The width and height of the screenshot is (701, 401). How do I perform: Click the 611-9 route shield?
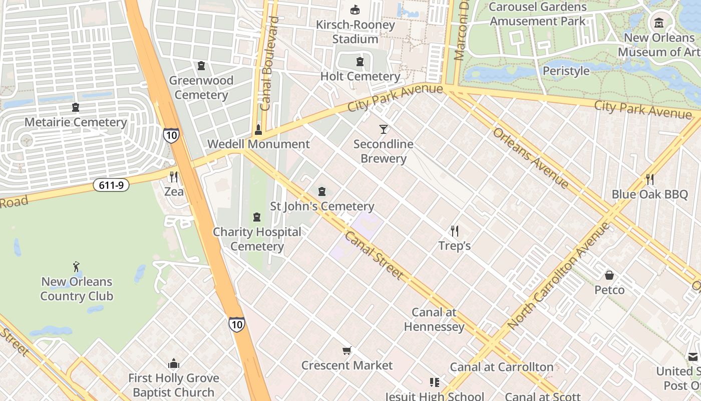click(111, 185)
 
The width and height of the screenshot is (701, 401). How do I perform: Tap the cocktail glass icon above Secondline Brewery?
click(384, 129)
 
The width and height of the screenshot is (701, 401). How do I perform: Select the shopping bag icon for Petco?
click(609, 275)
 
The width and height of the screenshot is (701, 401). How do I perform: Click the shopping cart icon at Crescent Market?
click(346, 351)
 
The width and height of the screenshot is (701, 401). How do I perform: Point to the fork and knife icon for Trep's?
click(455, 231)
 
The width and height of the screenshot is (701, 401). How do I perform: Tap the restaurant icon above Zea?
click(174, 177)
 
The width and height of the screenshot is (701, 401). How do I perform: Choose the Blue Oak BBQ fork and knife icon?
click(650, 179)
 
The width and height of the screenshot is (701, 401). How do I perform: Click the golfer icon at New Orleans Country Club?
click(76, 267)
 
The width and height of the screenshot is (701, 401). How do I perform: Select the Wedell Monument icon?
click(258, 130)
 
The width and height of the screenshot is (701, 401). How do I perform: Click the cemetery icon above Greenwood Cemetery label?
click(201, 66)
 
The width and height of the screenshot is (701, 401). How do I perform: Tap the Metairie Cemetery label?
click(76, 122)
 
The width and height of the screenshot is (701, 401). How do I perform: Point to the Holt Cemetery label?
click(360, 76)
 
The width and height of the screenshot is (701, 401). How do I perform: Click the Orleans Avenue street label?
click(530, 158)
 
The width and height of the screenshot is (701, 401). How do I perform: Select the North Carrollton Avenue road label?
click(559, 275)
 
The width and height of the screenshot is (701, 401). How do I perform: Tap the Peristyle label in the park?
click(566, 71)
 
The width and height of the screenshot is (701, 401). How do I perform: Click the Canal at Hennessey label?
click(434, 319)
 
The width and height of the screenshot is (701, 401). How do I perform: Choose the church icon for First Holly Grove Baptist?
click(174, 363)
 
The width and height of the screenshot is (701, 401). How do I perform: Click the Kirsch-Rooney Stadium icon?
click(355, 10)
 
